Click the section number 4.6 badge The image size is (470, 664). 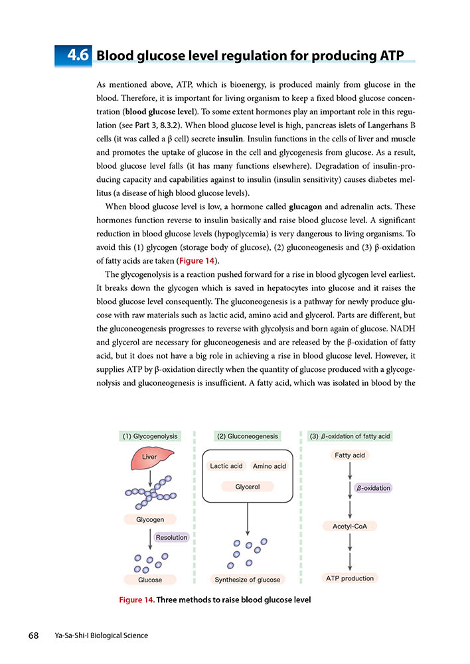coord(75,55)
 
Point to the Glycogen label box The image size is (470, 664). coord(150,519)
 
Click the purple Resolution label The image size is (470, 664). coord(171,537)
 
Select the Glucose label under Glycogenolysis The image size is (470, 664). coord(150,580)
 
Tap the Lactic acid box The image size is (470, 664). coord(226,466)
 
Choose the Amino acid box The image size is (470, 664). coord(270,466)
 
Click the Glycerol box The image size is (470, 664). coord(247,487)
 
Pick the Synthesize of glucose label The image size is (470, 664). coord(248,580)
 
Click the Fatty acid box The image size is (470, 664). coord(349,456)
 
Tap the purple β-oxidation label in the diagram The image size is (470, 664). coord(373,487)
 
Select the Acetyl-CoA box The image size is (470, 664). coord(350,526)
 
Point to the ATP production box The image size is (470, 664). coord(350,578)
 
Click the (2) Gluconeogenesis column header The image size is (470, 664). coord(248,436)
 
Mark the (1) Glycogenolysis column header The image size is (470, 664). coord(150,436)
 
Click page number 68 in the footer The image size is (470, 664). coord(34,635)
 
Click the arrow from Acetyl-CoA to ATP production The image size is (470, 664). coord(349,551)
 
